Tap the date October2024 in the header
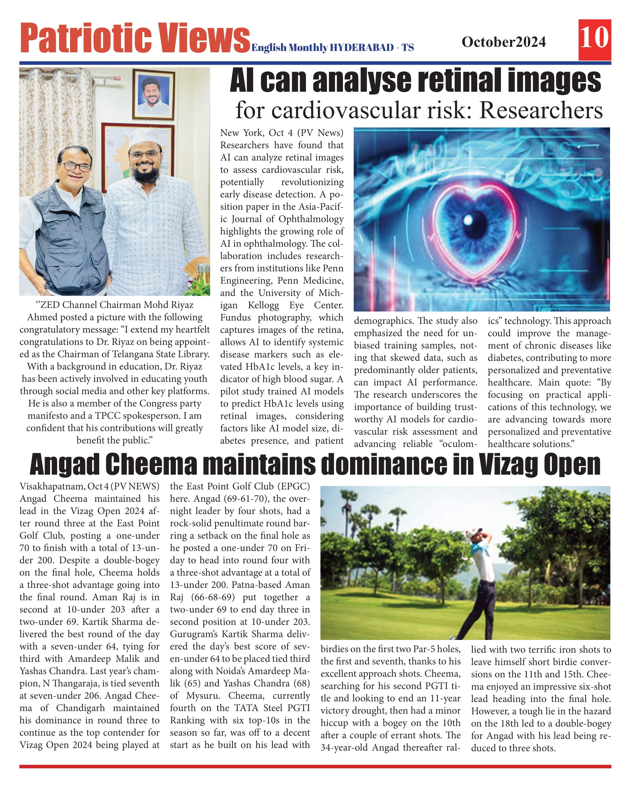[x=503, y=42]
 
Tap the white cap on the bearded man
[x=145, y=135]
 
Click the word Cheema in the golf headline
[x=151, y=465]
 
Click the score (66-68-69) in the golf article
[x=213, y=597]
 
